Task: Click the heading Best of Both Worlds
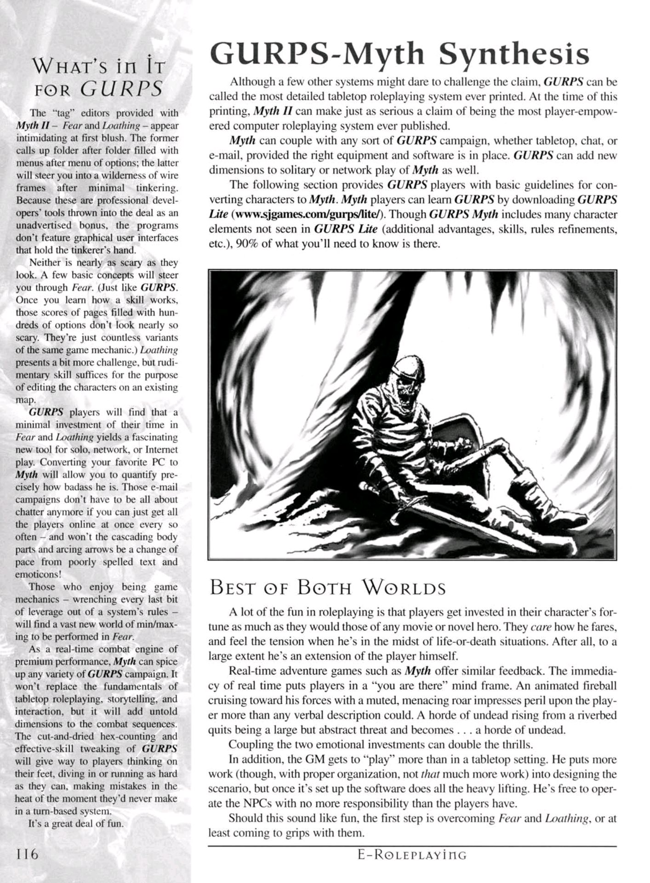click(x=328, y=589)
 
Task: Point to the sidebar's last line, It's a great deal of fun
click(x=76, y=824)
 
